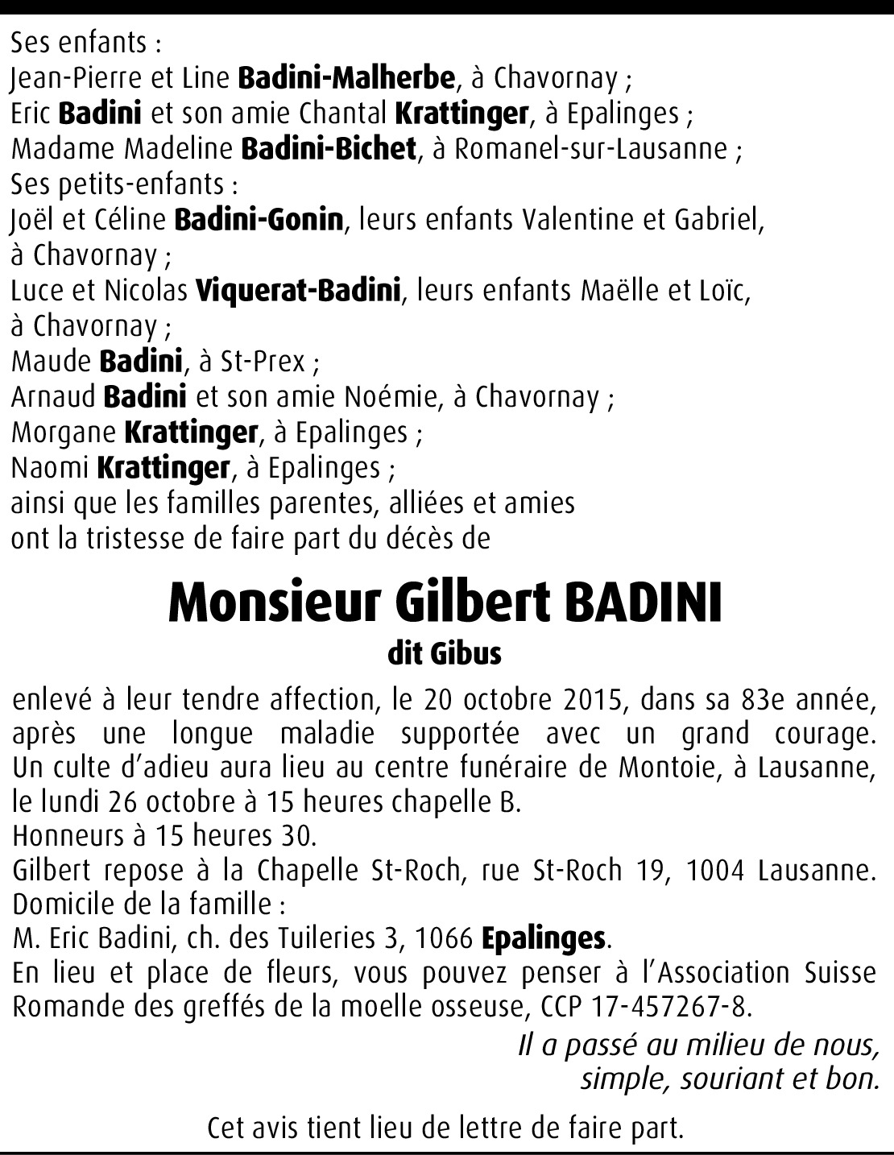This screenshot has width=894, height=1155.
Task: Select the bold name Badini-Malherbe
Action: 347,79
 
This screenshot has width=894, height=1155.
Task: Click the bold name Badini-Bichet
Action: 328,149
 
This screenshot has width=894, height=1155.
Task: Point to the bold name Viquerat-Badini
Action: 298,290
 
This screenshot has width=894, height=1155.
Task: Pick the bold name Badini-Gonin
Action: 259,220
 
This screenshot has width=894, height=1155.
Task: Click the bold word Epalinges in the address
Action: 554,938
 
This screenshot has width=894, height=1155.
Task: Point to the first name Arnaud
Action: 53,397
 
